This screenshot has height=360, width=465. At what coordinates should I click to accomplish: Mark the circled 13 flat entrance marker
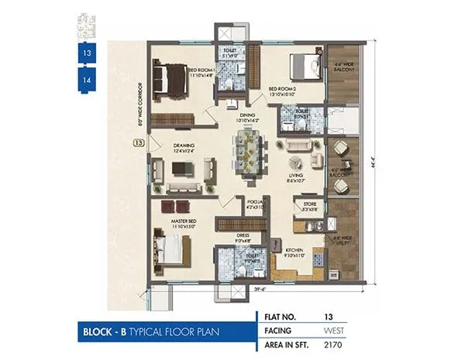138,143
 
